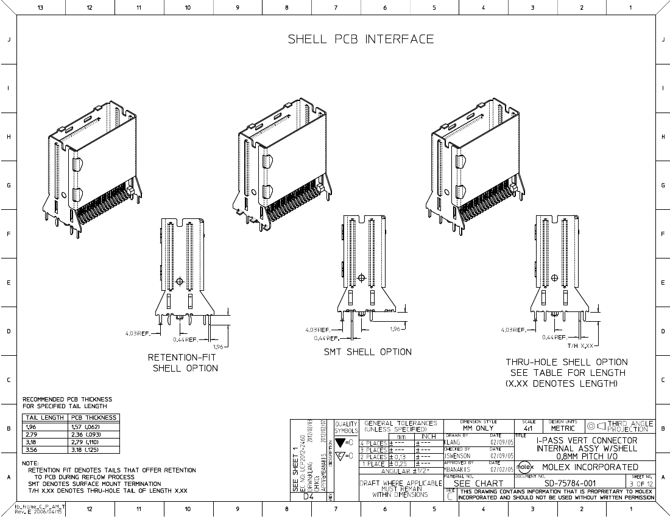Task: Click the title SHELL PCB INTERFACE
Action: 361,40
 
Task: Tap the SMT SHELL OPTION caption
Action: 367,352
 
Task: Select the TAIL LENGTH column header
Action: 43,418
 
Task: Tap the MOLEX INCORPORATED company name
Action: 590,467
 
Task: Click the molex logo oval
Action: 524,467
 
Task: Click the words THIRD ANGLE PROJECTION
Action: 630,426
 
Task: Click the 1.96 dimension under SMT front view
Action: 396,329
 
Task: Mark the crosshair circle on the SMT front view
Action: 361,278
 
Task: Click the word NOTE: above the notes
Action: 30,463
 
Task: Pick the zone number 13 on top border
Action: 40,7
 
